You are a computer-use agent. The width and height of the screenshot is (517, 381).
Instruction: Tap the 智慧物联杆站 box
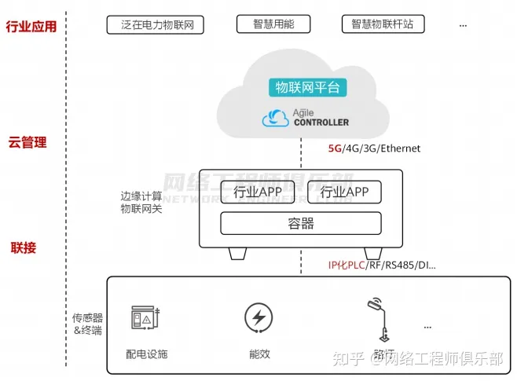click(383, 24)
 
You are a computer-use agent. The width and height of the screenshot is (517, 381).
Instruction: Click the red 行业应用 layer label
click(31, 27)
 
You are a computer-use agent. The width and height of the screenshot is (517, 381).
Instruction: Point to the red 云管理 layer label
click(27, 142)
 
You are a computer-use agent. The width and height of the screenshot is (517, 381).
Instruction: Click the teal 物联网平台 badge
click(306, 87)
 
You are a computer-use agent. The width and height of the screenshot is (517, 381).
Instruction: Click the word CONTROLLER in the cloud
click(321, 123)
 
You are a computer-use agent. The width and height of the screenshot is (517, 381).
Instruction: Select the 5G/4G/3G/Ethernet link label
click(374, 148)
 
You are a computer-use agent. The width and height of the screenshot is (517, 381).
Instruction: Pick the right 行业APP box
click(343, 192)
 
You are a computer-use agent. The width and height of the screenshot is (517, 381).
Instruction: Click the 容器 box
click(300, 224)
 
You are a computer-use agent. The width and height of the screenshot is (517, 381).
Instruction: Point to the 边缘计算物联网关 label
click(141, 202)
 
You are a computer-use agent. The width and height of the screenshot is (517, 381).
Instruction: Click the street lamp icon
click(380, 314)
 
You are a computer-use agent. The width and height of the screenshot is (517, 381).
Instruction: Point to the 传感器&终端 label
click(88, 324)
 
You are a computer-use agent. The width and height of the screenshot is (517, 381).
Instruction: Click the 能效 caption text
click(259, 354)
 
